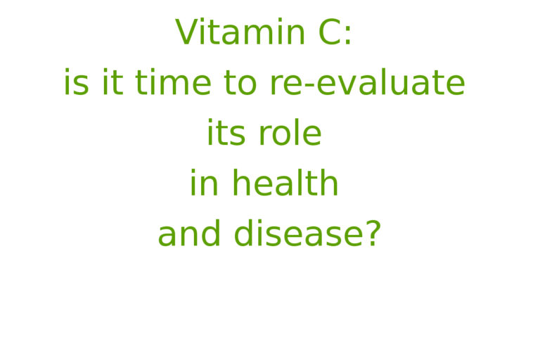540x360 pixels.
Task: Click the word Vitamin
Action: (x=240, y=32)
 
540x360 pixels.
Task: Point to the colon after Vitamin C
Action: (x=348, y=34)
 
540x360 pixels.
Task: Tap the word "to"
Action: (x=240, y=82)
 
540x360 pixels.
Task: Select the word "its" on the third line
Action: (x=226, y=132)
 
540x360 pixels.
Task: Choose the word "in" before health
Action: (x=204, y=182)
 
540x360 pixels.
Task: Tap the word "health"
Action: (x=285, y=182)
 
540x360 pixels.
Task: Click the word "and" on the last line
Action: (x=189, y=233)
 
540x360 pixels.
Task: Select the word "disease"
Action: (x=298, y=233)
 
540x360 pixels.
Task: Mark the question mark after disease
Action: (x=373, y=233)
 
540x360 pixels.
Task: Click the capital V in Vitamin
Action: (x=188, y=32)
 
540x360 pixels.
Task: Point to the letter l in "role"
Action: (x=294, y=132)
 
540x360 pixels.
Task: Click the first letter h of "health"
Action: (x=241, y=182)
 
